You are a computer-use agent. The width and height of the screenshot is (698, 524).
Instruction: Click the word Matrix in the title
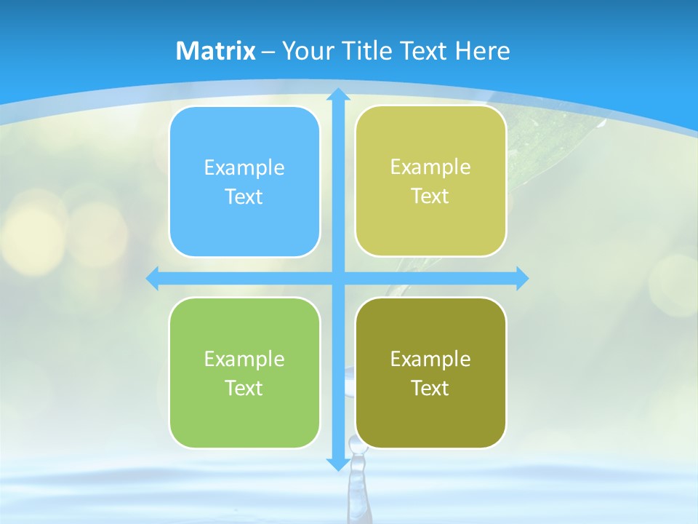pyautogui.click(x=216, y=51)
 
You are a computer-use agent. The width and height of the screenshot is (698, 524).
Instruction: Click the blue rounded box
pyautogui.click(x=244, y=182)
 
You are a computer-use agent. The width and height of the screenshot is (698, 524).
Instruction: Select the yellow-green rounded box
pyautogui.click(x=430, y=181)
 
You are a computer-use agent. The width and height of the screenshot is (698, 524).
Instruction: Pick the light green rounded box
pyautogui.click(x=244, y=373)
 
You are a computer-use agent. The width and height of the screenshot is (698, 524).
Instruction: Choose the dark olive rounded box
pyautogui.click(x=430, y=373)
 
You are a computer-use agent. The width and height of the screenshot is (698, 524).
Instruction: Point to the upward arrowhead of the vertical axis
pyautogui.click(x=337, y=94)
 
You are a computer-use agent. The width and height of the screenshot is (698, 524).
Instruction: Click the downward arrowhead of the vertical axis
pyautogui.click(x=337, y=464)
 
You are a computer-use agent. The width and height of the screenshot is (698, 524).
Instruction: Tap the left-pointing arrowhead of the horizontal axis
pyautogui.click(x=153, y=278)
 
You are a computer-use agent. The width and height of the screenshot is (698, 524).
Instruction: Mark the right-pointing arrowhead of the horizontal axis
pyautogui.click(x=522, y=278)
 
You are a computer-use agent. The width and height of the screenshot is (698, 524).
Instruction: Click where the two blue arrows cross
pyautogui.click(x=337, y=278)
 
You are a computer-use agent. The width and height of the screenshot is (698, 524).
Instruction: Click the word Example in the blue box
pyautogui.click(x=244, y=168)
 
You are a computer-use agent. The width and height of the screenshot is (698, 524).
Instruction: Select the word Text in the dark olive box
pyautogui.click(x=430, y=388)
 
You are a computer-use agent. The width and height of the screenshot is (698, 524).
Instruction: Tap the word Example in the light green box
pyautogui.click(x=244, y=359)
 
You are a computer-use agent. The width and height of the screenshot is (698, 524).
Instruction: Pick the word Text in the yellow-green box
pyautogui.click(x=430, y=196)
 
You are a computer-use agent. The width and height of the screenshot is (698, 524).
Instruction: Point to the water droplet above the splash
pyautogui.click(x=356, y=442)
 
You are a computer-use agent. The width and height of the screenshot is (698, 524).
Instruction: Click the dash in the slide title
pyautogui.click(x=268, y=52)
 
